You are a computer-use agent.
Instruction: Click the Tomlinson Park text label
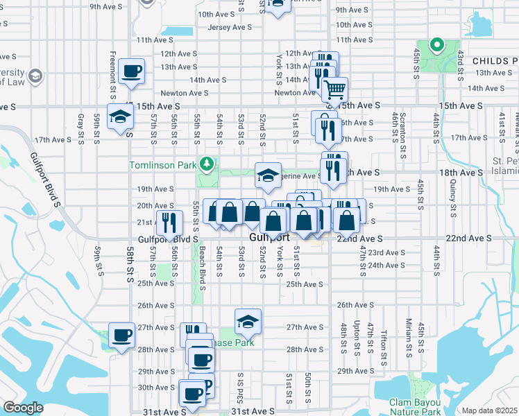pos(163,165)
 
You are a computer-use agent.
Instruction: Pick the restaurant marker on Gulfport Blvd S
pos(169,222)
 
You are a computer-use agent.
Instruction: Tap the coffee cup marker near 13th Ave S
pos(131,71)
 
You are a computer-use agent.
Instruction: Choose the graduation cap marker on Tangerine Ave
pos(267,175)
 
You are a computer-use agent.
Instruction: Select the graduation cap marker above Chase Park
pos(248,321)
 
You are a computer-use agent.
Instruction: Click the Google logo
pos(23,408)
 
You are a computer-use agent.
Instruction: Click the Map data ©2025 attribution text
pos(489,410)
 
